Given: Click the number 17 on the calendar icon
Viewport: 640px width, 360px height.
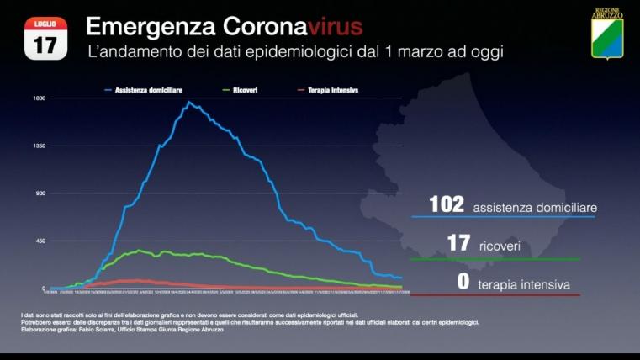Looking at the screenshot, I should (x=45, y=44).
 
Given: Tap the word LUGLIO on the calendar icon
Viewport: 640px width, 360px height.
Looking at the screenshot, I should (x=45, y=24).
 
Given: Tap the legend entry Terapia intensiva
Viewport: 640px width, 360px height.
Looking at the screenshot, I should (x=331, y=89).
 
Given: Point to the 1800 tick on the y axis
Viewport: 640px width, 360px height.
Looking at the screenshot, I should (x=39, y=98).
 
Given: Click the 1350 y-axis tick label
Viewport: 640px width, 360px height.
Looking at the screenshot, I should (x=39, y=146).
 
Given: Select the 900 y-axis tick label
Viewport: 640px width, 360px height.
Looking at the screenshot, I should (x=40, y=193).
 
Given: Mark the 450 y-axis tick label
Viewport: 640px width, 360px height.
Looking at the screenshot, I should (x=40, y=241).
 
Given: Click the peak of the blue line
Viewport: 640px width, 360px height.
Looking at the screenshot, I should (x=189, y=103).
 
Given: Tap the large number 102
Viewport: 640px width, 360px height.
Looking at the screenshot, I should (x=447, y=204).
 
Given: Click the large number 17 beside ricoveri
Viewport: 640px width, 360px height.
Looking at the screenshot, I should (x=458, y=243).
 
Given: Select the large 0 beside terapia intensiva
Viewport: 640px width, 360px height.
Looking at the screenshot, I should (x=463, y=281).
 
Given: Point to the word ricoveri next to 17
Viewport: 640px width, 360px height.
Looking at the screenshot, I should (x=500, y=246).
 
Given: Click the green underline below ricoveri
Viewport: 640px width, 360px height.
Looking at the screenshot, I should (x=495, y=259).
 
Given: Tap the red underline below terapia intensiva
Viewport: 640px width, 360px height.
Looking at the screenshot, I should (x=495, y=295).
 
